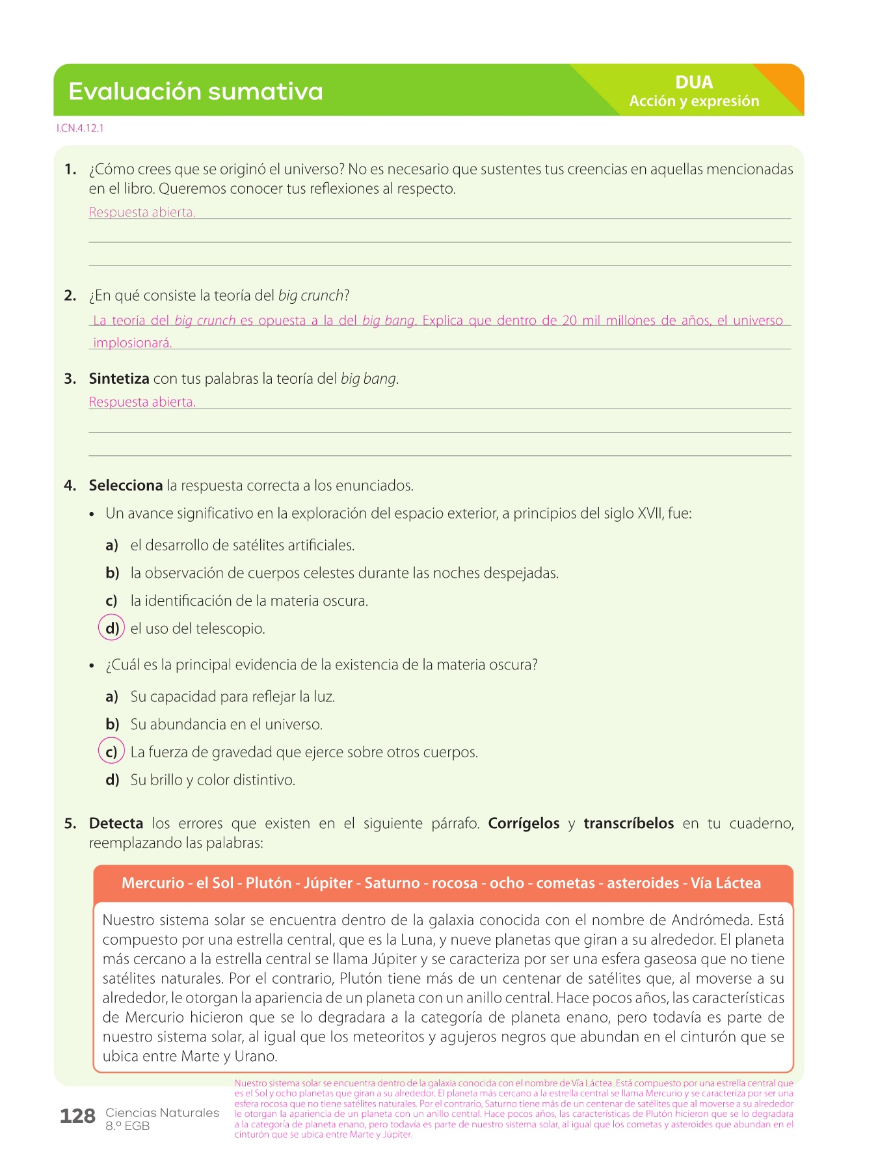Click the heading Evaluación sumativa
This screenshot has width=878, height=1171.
coord(195,92)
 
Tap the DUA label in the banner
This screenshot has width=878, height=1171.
coord(694,83)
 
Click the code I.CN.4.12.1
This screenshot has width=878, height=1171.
coord(80,128)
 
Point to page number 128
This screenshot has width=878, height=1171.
coord(77,1116)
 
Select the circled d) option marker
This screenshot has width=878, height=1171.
coord(111,628)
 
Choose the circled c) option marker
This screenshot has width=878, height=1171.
coord(111,752)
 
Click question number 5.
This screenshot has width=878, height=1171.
coord(70,824)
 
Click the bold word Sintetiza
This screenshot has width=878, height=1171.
coord(119,379)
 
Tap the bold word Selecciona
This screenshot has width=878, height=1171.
coord(126,485)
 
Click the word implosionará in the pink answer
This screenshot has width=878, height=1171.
coord(132,343)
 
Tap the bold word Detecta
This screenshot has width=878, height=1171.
coord(116,824)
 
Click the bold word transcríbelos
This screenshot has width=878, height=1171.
coord(628,824)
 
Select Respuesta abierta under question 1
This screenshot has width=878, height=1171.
coord(142,212)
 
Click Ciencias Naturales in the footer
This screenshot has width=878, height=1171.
coord(162,1113)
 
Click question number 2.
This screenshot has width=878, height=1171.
coord(70,296)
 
